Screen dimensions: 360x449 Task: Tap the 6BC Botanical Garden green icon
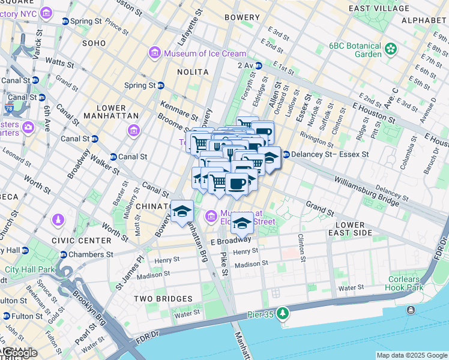[x=391, y=48]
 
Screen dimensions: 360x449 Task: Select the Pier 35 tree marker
[x=283, y=313]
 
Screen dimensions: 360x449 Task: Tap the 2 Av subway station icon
[x=259, y=65]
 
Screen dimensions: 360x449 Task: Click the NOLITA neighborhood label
[x=192, y=72]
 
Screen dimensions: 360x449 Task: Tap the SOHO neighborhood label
[x=94, y=43]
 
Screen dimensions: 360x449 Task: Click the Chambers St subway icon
[x=65, y=254]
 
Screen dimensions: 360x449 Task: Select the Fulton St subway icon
[x=7, y=316]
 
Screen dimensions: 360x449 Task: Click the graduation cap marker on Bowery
[x=182, y=212]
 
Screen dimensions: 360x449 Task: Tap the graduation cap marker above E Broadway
[x=242, y=223]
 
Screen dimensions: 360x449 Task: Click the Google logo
[x=19, y=353]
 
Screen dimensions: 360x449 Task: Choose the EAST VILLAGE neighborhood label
[x=380, y=8]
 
